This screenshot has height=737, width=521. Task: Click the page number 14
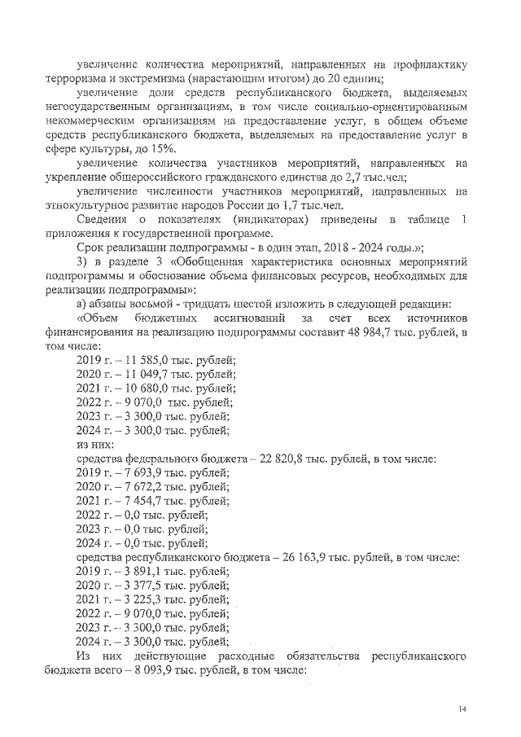tap(462, 709)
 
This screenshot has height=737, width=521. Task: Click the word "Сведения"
tap(102, 220)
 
